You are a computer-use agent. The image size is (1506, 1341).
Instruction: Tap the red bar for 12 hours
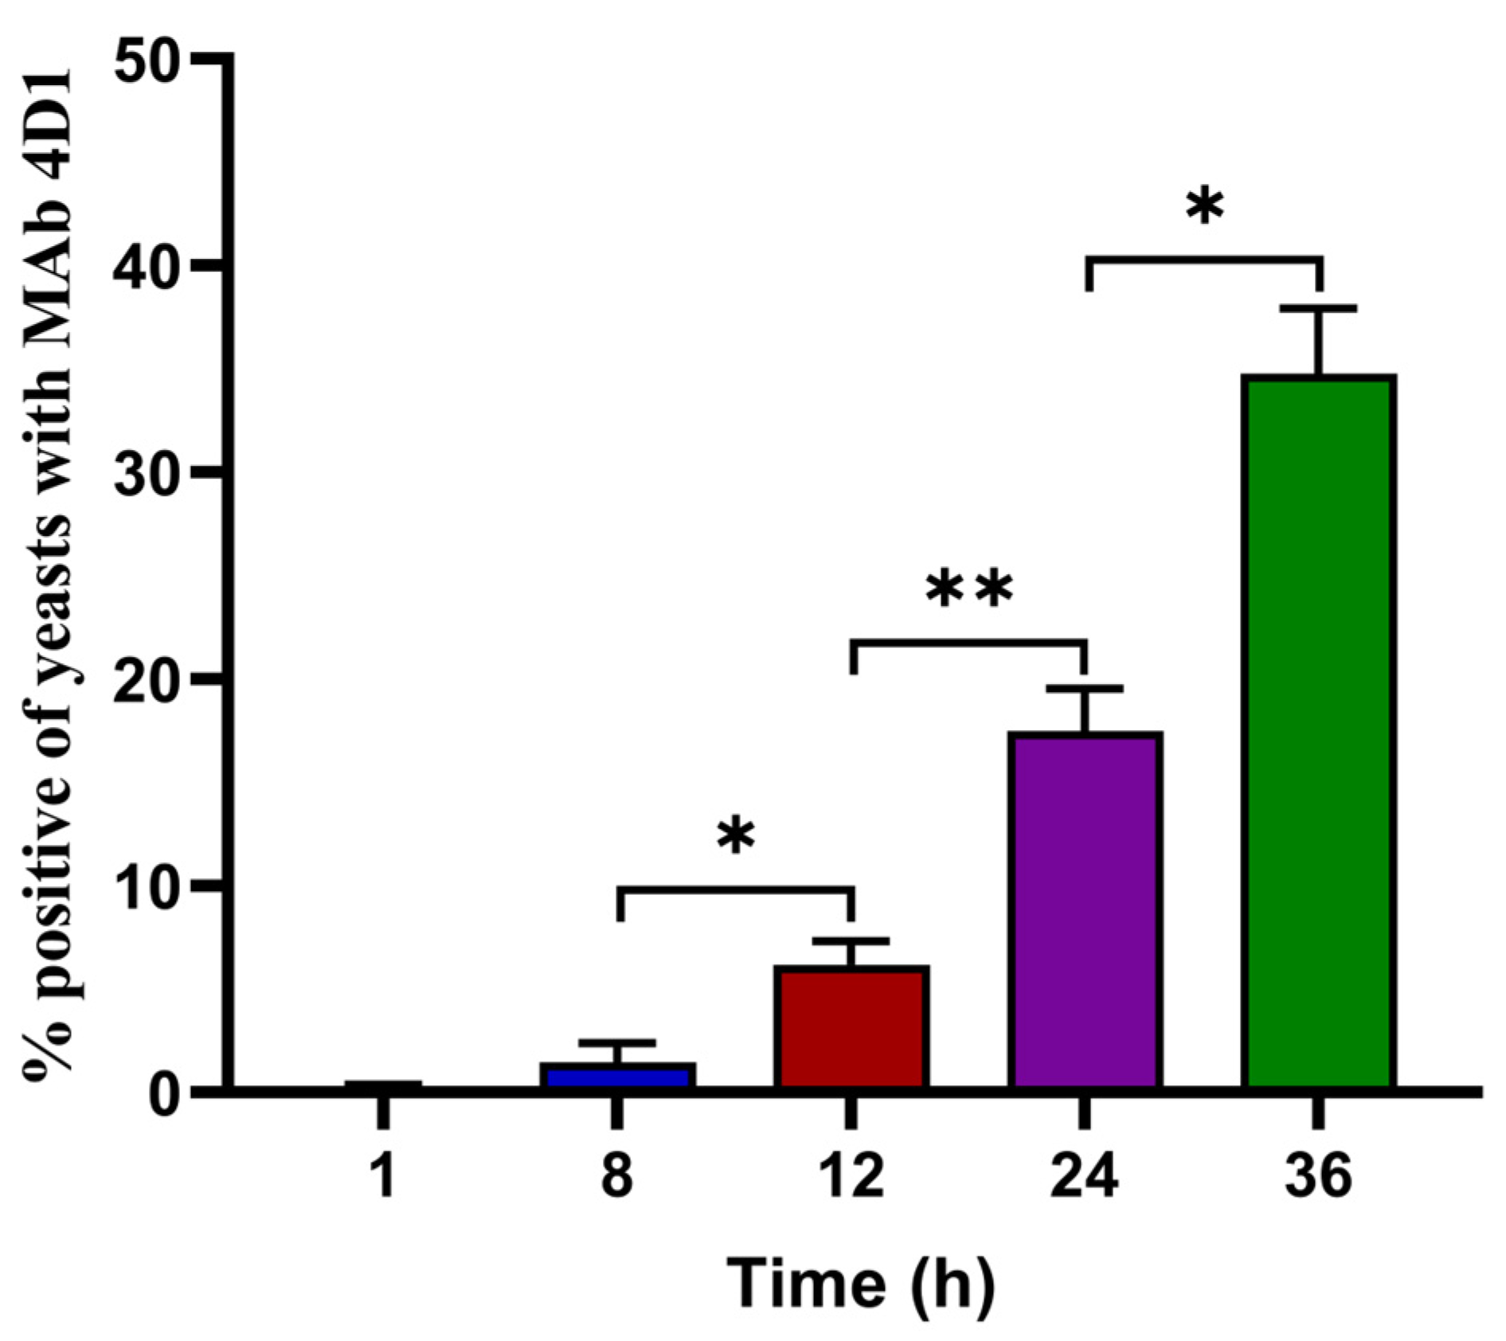pyautogui.click(x=851, y=1027)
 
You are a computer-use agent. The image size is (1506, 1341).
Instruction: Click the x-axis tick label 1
pyautogui.click(x=384, y=1176)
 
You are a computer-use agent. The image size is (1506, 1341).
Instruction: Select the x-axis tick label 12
pyautogui.click(x=851, y=1176)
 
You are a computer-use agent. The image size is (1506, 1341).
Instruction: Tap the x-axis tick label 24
pyautogui.click(x=1084, y=1176)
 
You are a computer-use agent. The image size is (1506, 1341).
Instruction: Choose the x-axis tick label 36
pyautogui.click(x=1317, y=1176)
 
